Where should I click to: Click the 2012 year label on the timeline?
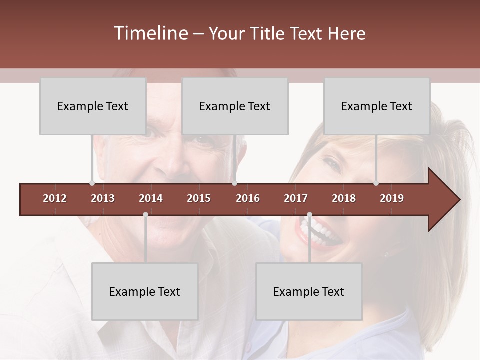tap(55, 199)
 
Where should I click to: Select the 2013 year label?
tap(103, 199)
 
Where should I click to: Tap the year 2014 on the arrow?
tap(151, 199)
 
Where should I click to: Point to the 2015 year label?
tap(199, 199)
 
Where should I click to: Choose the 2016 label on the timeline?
tap(248, 199)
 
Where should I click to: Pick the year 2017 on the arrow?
tap(296, 199)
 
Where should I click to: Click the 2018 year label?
tap(344, 199)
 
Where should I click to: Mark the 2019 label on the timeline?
tap(392, 199)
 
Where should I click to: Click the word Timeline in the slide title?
tap(150, 33)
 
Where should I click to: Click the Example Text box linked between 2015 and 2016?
tap(235, 106)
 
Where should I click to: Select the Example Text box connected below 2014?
tap(145, 292)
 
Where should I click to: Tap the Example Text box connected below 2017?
tap(309, 292)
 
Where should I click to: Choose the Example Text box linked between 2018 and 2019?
tap(377, 106)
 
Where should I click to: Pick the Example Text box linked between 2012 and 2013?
tap(93, 106)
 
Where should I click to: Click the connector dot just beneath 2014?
tap(145, 215)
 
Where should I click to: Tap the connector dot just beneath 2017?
tap(309, 215)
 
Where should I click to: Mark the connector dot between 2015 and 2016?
tap(234, 183)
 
